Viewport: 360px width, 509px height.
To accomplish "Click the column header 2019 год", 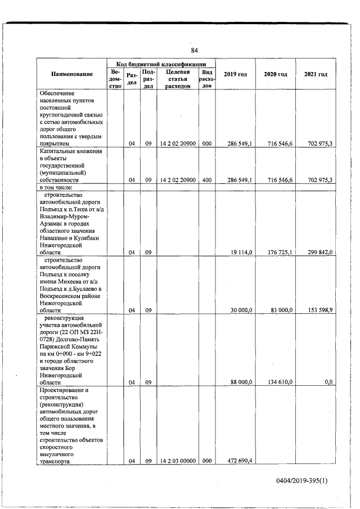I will pos(235,75).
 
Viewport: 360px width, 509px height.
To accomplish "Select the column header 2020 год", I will pos(276,75).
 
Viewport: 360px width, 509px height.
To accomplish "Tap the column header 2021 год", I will pos(316,75).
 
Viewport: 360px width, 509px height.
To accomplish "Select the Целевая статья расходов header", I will pos(177,79).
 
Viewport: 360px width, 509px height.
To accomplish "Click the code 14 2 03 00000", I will pos(177,461).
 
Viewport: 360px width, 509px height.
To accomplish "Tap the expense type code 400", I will pos(206,180).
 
